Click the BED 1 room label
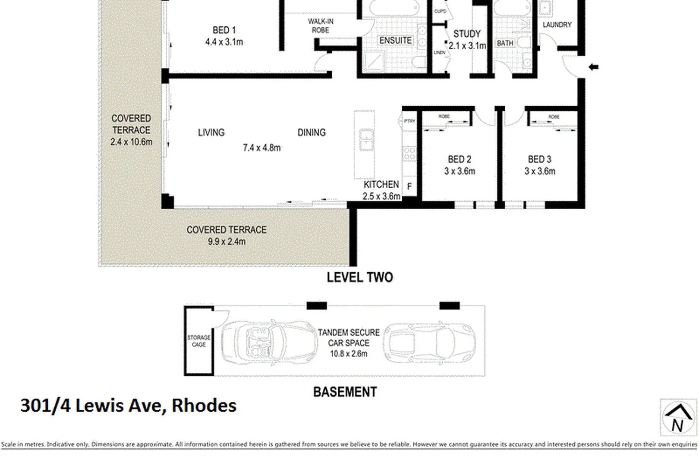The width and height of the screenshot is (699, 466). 224,30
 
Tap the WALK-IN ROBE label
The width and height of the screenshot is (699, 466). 320,26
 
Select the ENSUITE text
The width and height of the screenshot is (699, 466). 395,41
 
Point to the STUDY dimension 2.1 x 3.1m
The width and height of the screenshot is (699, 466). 467,46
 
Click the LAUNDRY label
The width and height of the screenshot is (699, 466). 557,25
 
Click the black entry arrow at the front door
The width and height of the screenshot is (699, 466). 594,67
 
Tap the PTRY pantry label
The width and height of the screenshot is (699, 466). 409,121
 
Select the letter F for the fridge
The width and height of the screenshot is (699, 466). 409,186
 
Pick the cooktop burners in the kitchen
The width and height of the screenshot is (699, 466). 409,154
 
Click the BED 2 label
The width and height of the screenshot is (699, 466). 459,160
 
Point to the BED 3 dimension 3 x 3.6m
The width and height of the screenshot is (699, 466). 539,171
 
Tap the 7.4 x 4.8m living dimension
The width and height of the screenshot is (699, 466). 261,148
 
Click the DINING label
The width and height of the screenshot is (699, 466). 311,132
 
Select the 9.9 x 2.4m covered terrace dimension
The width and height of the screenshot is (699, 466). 227,242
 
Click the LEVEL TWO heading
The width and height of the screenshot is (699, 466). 359,277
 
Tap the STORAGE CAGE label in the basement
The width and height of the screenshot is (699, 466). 198,341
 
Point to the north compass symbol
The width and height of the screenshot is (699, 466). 678,417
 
